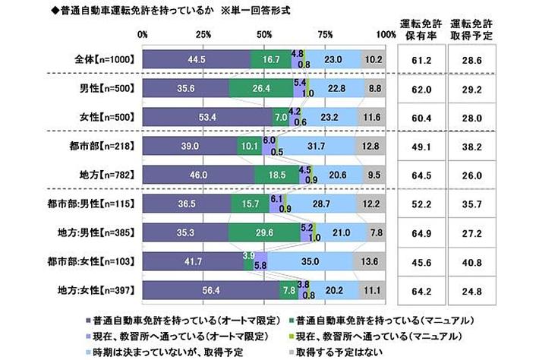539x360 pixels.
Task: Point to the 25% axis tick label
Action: [x=203, y=34]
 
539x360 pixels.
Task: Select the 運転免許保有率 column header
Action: [x=426, y=28]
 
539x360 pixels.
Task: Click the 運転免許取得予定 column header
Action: [x=480, y=28]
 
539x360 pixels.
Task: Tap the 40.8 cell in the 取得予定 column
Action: [x=480, y=262]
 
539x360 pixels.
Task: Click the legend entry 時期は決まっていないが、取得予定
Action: [x=174, y=352]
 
